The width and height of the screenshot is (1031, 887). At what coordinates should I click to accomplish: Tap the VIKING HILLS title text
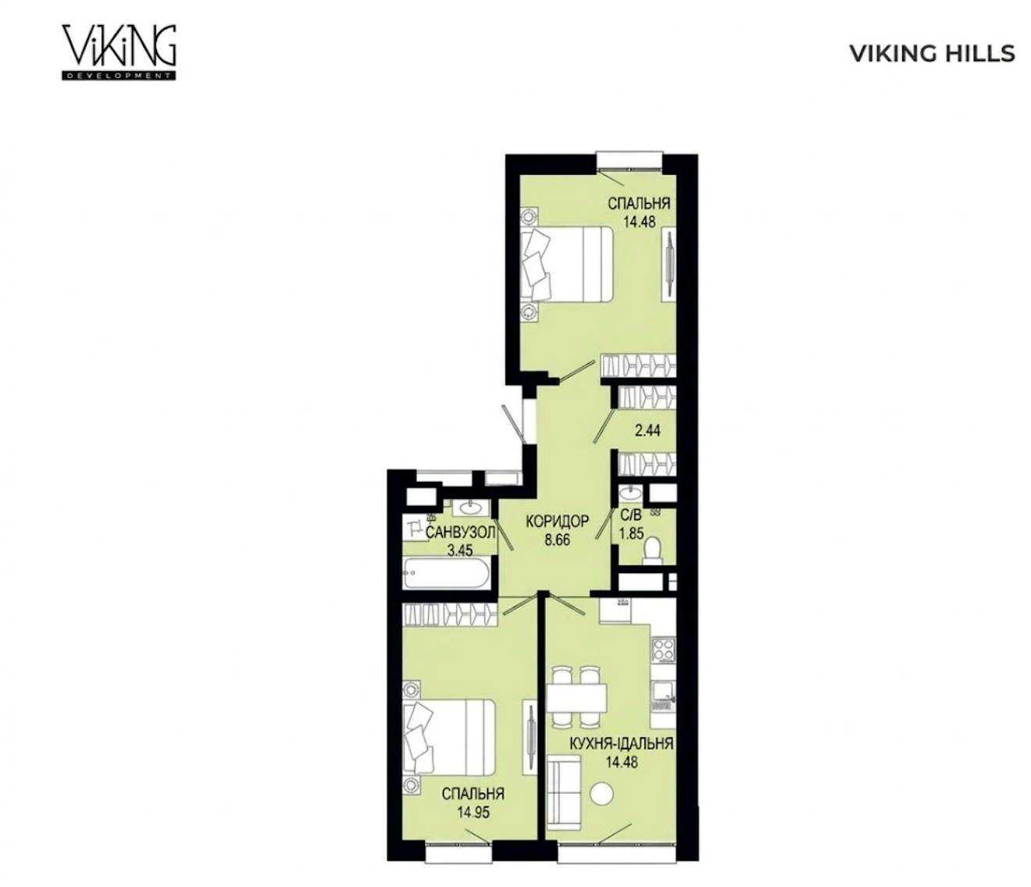click(933, 54)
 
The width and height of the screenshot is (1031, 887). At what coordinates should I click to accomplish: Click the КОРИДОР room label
click(557, 522)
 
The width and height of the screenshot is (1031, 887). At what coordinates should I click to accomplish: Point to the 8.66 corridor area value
click(557, 540)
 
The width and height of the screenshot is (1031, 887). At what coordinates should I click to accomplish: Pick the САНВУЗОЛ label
click(460, 533)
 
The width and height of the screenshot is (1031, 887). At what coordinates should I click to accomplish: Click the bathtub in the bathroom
click(448, 573)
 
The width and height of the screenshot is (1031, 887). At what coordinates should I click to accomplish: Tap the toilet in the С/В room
click(652, 550)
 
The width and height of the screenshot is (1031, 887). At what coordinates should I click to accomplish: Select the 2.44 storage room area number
click(647, 430)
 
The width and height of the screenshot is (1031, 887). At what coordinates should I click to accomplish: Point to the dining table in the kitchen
click(576, 699)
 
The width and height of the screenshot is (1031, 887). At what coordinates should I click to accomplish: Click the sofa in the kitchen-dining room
click(564, 791)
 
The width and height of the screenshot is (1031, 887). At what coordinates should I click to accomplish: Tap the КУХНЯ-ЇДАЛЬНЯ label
click(622, 743)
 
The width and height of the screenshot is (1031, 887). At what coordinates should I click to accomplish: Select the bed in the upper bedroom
click(566, 264)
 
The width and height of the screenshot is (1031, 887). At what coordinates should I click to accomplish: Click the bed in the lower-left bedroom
click(449, 737)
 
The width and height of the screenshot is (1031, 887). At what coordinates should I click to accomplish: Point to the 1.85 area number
click(631, 535)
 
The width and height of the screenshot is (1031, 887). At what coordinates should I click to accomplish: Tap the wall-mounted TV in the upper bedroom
click(669, 264)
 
